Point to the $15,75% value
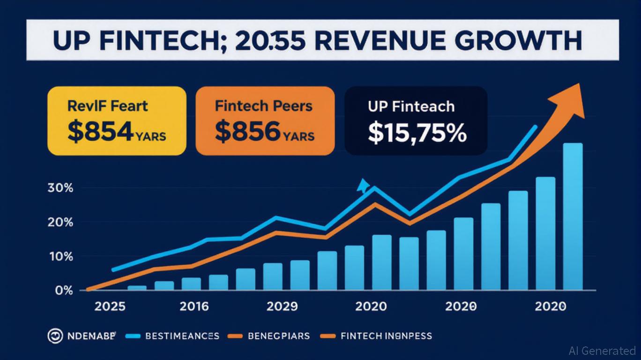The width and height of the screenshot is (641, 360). click(417, 132)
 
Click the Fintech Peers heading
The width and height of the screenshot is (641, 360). click(263, 105)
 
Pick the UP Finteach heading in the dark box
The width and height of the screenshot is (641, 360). click(411, 106)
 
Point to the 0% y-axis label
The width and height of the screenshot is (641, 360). click(64, 291)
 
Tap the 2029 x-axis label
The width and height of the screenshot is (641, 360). click(282, 307)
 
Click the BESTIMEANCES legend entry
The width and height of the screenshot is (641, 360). click(182, 336)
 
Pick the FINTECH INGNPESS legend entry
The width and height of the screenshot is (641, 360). click(386, 336)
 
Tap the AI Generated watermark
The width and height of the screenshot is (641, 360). click(602, 350)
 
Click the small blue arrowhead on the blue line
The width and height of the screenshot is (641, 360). click(362, 186)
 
